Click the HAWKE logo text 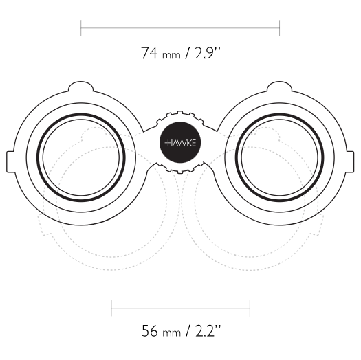pyautogui.click(x=180, y=143)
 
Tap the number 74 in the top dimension pyautogui.click(x=149, y=53)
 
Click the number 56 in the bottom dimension pyautogui.click(x=150, y=330)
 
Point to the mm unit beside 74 pyautogui.click(x=171, y=56)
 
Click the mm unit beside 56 pyautogui.click(x=171, y=333)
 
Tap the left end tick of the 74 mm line pyautogui.click(x=81, y=28)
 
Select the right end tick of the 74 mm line pyautogui.click(x=279, y=28)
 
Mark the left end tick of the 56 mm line pyautogui.click(x=111, y=308)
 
